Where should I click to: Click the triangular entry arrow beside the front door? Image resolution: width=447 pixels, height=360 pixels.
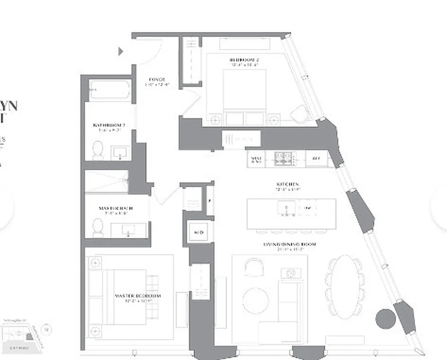[x=120, y=52]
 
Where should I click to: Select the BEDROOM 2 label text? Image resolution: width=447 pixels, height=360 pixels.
[x=244, y=60]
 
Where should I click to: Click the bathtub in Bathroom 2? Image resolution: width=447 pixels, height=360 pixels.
[x=109, y=90]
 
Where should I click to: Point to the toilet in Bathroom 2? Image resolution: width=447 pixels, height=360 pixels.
[x=98, y=151]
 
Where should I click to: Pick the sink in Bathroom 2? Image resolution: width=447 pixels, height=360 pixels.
[x=120, y=153]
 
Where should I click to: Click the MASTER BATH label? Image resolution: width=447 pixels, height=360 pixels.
[x=116, y=208]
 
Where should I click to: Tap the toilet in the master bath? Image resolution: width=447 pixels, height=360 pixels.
[x=98, y=227]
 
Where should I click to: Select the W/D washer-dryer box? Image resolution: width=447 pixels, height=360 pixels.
[x=199, y=233]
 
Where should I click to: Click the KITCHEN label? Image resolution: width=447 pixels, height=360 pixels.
[x=288, y=184]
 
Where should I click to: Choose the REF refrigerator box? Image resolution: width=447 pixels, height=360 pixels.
[x=316, y=159]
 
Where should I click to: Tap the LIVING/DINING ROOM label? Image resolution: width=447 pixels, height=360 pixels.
[x=289, y=244]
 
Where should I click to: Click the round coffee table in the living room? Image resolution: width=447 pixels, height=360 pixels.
[x=256, y=301]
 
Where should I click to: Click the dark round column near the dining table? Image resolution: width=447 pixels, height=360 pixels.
[x=385, y=319]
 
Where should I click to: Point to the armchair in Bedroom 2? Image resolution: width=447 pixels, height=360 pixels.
[x=299, y=114]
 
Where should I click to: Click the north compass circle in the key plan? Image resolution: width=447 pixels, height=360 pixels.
[x=46, y=329]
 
